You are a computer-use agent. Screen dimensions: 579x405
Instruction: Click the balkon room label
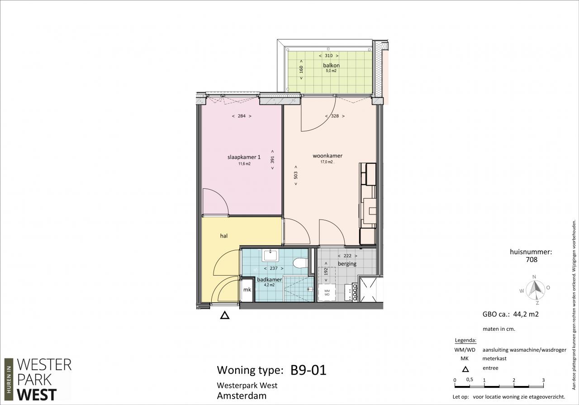coord(331,66)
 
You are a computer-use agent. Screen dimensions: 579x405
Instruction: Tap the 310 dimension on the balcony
coord(328,56)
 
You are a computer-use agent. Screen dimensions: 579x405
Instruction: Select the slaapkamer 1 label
coord(244,157)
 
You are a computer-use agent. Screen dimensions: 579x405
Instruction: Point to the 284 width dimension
coord(242,116)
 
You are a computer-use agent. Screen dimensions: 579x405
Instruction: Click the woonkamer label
coord(327,156)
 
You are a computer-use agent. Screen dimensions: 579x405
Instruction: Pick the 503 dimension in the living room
coord(296,175)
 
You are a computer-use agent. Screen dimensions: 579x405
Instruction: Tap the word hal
coord(224,236)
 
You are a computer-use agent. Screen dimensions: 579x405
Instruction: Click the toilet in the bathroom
coord(300,263)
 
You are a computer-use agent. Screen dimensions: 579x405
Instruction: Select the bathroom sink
coord(270,256)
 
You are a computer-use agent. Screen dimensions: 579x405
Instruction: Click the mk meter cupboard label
coord(247,290)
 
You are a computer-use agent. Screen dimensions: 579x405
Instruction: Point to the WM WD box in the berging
coord(327,292)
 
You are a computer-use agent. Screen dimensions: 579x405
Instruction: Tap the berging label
coord(347,264)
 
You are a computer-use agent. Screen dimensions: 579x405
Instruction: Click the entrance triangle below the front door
coord(225,315)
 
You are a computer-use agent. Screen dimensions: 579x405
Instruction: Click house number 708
coord(532,259)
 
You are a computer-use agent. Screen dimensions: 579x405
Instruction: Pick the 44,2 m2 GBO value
coord(526,314)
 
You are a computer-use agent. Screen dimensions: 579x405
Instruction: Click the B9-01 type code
coord(308,370)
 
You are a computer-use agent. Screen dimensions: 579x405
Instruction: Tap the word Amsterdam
coord(242,395)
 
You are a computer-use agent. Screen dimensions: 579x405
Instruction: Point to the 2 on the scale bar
coord(513,380)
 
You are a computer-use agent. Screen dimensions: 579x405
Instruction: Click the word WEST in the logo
coord(37,395)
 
